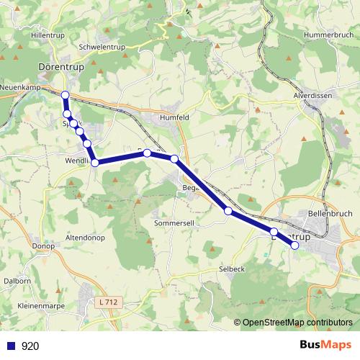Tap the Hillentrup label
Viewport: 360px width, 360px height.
pyautogui.click(x=48, y=35)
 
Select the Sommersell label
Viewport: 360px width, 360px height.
pyautogui.click(x=175, y=224)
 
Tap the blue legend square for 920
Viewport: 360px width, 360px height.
pyautogui.click(x=11, y=346)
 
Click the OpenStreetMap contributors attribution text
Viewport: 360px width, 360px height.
pyautogui.click(x=297, y=322)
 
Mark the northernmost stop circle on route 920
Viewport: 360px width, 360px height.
pyautogui.click(x=66, y=95)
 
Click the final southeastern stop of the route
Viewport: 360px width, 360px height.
pyautogui.click(x=294, y=246)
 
